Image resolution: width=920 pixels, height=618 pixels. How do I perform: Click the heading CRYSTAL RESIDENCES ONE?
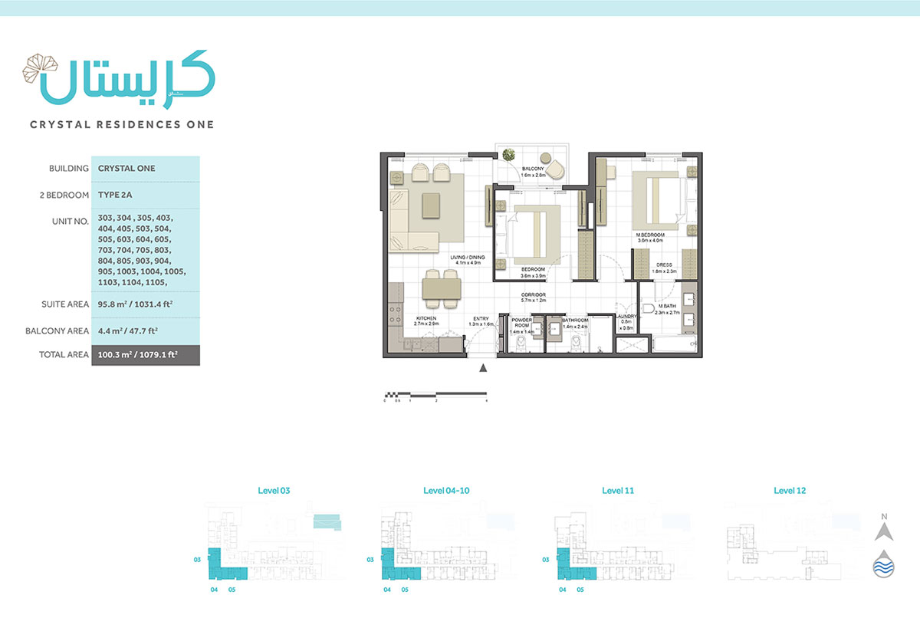121,124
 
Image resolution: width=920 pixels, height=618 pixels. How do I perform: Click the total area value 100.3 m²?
145,355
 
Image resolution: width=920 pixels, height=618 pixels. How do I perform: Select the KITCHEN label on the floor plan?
426,321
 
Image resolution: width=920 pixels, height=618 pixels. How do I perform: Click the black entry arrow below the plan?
483,368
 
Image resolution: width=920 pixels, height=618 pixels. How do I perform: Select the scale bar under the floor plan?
435,396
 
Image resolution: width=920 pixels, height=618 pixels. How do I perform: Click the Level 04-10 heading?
446,490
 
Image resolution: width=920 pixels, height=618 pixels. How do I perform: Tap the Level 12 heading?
790,490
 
